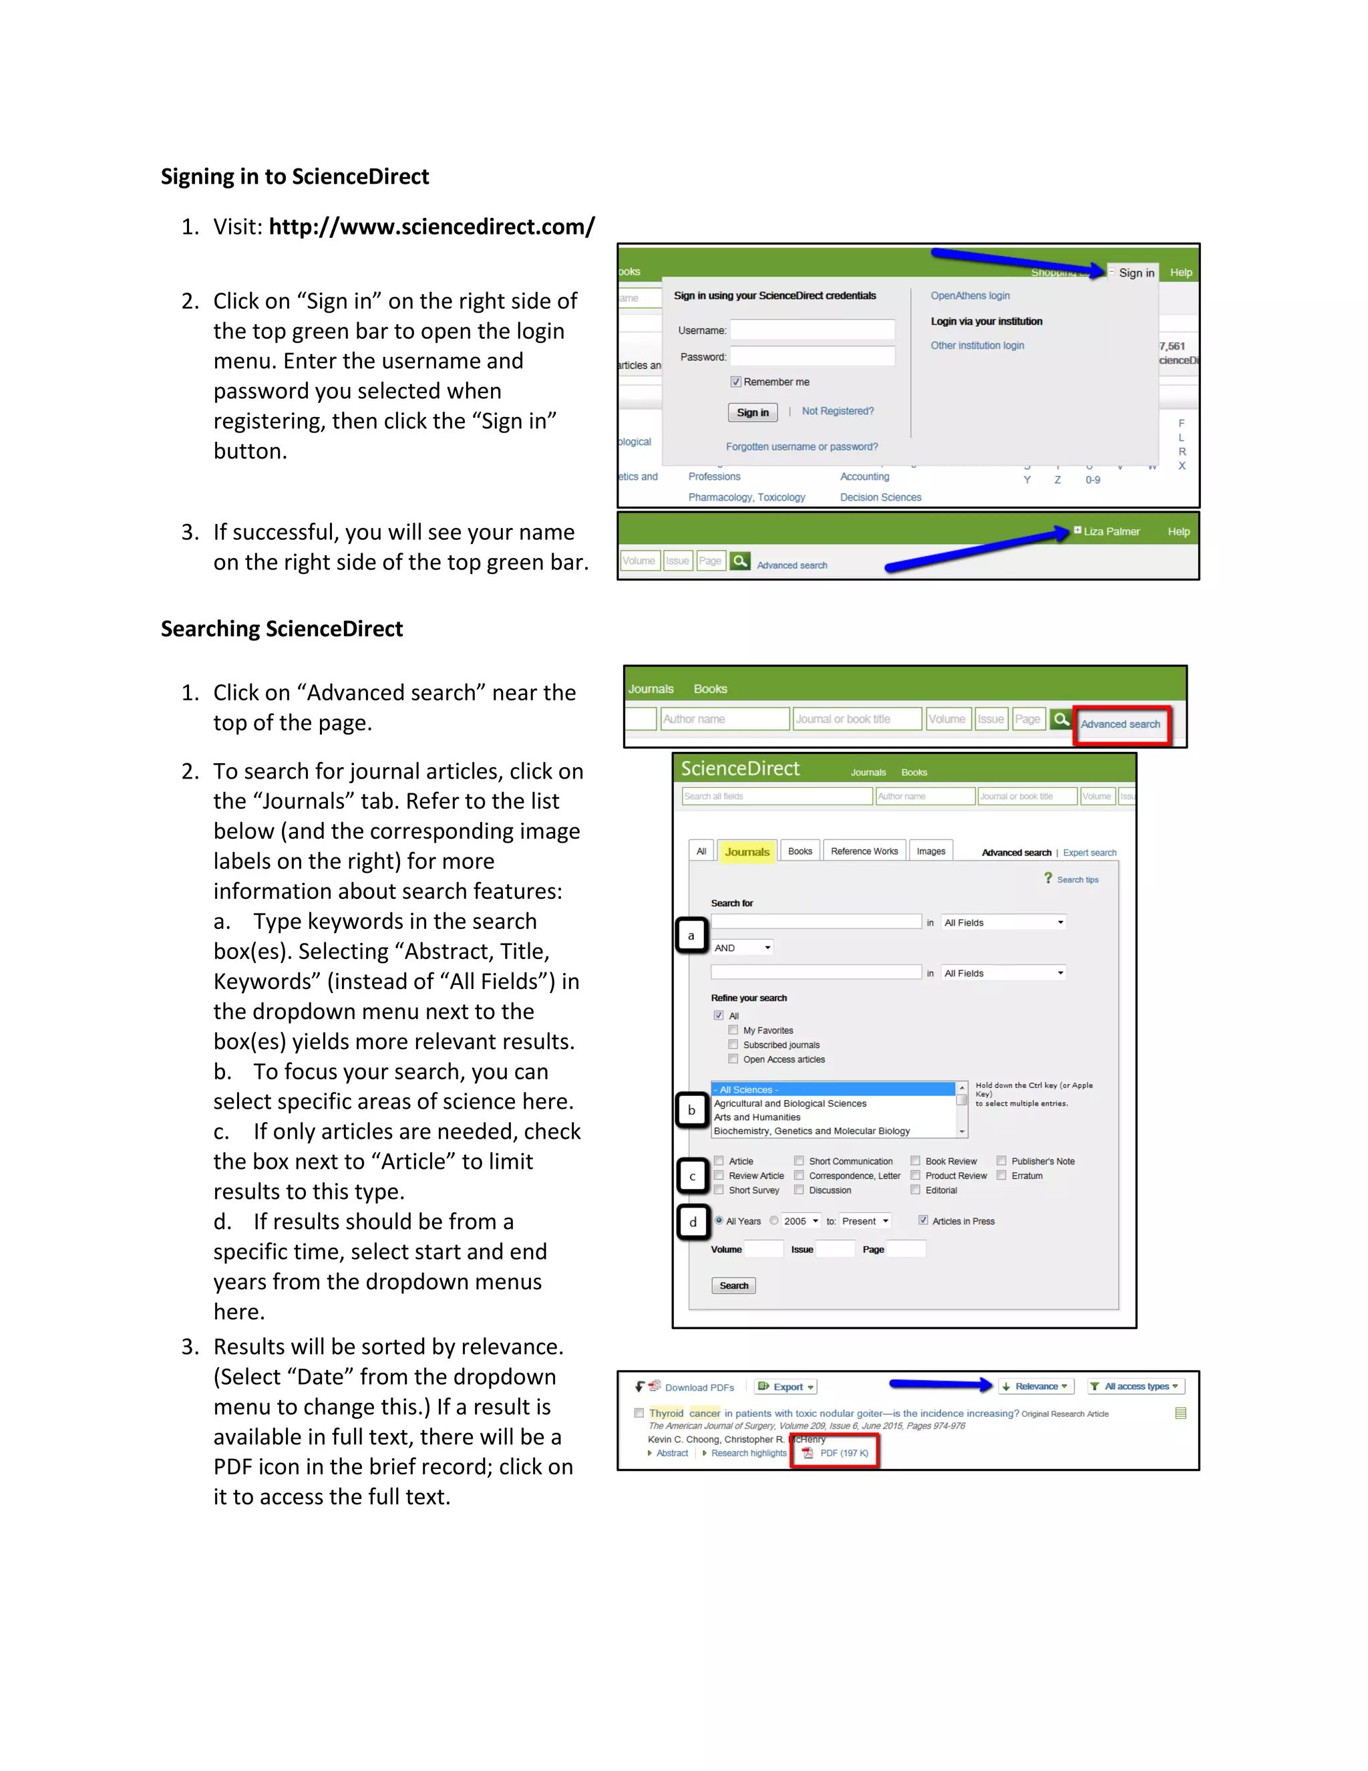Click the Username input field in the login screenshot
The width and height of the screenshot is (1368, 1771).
[812, 329]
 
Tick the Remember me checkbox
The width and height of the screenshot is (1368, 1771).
[736, 382]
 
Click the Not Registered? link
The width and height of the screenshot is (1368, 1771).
[837, 411]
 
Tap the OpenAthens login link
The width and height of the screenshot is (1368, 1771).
[969, 296]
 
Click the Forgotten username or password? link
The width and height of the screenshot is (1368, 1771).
[802, 447]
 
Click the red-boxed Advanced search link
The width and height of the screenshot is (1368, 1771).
[1120, 724]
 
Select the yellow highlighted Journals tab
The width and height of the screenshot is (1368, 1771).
[746, 851]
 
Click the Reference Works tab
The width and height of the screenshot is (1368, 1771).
[864, 851]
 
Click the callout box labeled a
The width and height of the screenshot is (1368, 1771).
[691, 935]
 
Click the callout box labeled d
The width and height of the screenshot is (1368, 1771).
[693, 1222]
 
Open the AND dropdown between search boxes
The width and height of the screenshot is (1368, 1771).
[742, 948]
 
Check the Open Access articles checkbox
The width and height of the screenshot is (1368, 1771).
[733, 1059]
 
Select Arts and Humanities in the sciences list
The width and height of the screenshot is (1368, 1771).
[757, 1117]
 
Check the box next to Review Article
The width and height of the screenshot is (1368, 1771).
[719, 1176]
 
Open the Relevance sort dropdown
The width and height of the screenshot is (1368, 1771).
[1037, 1387]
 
